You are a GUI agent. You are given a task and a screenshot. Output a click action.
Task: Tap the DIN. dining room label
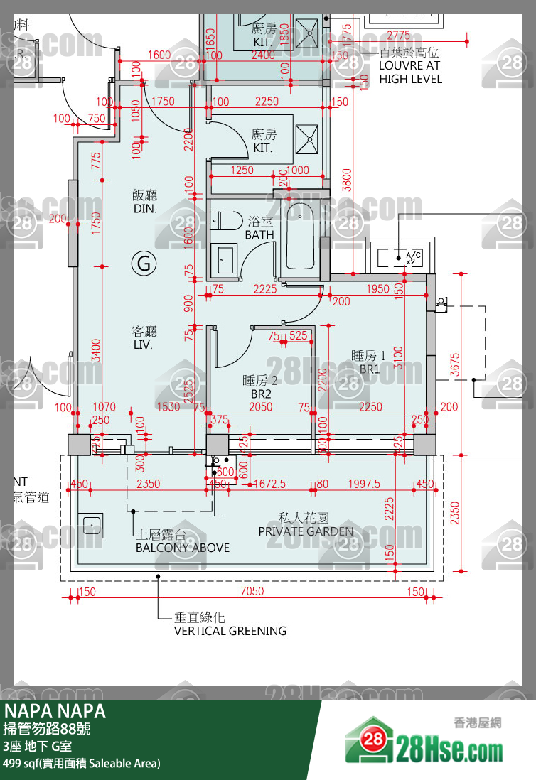point(144,202)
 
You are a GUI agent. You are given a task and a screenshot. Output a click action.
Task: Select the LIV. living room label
point(144,337)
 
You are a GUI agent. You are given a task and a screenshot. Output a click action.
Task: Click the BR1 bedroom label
point(368,362)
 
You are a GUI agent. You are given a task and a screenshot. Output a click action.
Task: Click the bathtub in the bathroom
point(301,236)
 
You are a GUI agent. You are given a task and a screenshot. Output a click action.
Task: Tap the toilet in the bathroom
point(226,221)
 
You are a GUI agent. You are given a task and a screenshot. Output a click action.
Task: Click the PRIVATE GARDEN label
point(305,526)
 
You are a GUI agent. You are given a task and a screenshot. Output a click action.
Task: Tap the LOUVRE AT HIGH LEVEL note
point(410,65)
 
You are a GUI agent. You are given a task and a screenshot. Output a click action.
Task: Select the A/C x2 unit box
point(400,255)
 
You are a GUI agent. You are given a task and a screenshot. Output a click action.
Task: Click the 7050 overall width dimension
point(252,591)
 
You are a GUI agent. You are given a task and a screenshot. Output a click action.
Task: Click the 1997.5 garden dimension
point(364,484)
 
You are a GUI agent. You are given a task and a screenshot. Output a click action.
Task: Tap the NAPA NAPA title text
point(55,711)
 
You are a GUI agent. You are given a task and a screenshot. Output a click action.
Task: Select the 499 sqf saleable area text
point(82,764)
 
